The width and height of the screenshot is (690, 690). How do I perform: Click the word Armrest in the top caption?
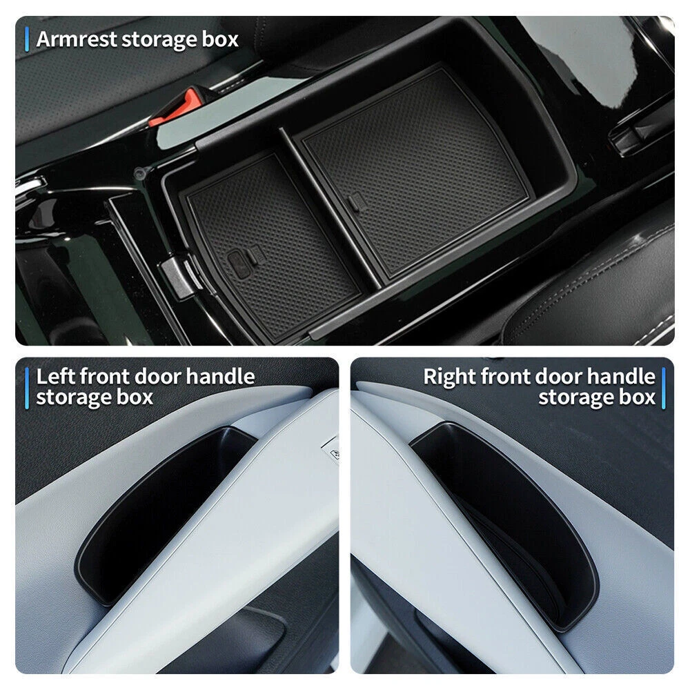pyautogui.click(x=76, y=39)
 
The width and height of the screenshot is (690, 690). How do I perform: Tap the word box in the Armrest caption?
pyautogui.click(x=220, y=39)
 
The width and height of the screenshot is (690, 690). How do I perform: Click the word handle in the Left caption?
pyautogui.click(x=220, y=377)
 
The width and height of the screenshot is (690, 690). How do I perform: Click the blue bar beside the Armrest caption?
pyautogui.click(x=27, y=39)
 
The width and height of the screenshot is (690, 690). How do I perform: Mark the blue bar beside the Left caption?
pyautogui.click(x=27, y=388)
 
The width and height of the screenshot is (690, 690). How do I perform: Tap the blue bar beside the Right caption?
pyautogui.click(x=663, y=388)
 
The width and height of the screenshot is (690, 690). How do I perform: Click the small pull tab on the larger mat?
pyautogui.click(x=354, y=202)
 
